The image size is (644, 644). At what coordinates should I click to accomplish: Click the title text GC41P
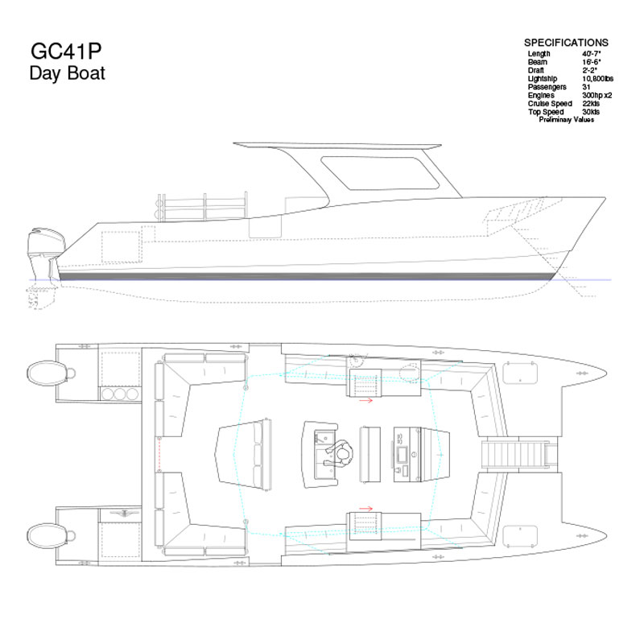pyautogui.click(x=66, y=51)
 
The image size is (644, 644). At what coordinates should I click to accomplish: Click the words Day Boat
pyautogui.click(x=68, y=73)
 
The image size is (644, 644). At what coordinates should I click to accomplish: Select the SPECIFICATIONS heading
pyautogui.click(x=566, y=43)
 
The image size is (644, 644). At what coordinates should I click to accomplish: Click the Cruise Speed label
pyautogui.click(x=550, y=104)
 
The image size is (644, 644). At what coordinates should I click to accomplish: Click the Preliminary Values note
pyautogui.click(x=566, y=120)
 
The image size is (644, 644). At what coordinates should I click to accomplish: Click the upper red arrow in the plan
pyautogui.click(x=365, y=399)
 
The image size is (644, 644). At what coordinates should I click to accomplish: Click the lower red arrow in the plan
pyautogui.click(x=365, y=509)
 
